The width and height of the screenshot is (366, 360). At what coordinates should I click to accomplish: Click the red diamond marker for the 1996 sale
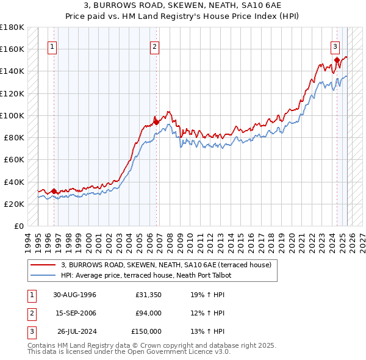pos(54,191)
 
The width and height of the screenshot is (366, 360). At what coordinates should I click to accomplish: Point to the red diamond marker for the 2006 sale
pos(156,121)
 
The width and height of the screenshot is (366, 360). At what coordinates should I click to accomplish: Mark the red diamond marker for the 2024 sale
pos(337,60)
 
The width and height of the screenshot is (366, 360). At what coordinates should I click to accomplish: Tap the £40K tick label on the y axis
pos(14,182)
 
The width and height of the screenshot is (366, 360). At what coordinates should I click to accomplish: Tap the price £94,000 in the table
pos(148,314)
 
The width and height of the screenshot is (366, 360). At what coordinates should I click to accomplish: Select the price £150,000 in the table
pos(146,331)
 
